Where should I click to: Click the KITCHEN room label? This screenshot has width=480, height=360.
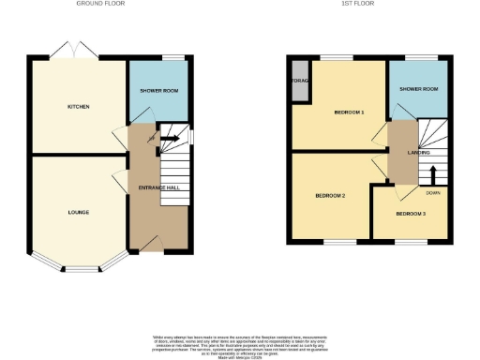coord(78,107)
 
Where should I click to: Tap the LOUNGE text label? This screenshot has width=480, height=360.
coord(78,213)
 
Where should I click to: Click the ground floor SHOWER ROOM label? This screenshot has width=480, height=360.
coord(158,91)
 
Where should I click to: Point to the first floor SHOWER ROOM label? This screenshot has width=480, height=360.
coord(418,89)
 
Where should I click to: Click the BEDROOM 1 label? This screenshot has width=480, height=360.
coord(349,112)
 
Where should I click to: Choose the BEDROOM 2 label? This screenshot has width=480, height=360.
coord(330,195)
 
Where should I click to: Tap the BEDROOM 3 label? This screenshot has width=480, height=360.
coord(410,215)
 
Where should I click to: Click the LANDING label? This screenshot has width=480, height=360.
coord(418,152)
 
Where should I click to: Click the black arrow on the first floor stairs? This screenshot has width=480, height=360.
coord(433,174)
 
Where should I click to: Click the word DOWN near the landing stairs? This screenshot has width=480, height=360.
coord(432,193)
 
